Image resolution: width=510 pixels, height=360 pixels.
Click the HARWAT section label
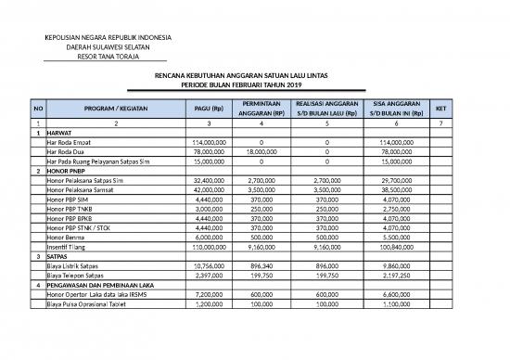point(59,133)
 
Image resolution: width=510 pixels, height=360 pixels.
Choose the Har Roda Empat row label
point(68,143)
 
